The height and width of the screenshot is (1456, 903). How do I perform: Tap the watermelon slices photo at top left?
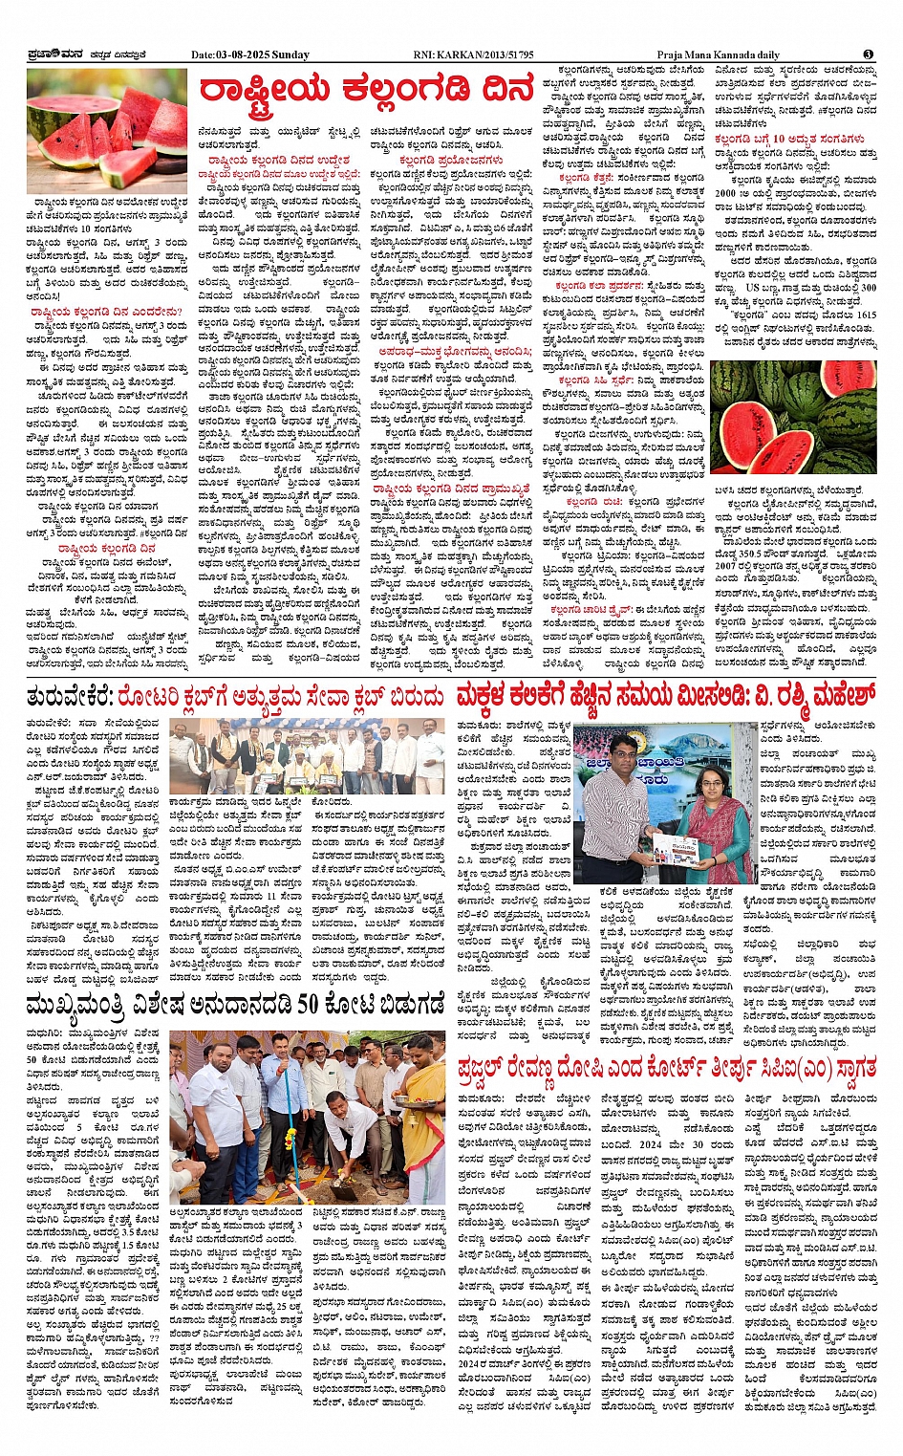[x=107, y=129]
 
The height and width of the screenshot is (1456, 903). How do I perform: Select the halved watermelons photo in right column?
[x=792, y=417]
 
